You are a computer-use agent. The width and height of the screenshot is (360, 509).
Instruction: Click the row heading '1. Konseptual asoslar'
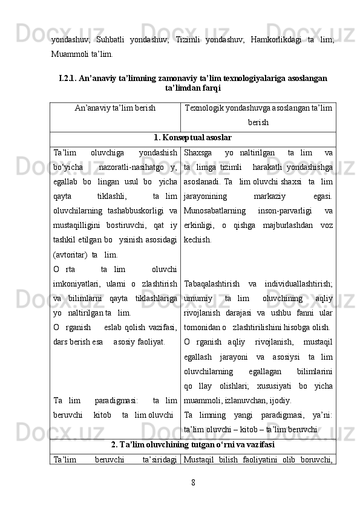pyautogui.click(x=192, y=137)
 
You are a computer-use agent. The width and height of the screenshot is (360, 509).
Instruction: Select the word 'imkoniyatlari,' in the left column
pyautogui.click(x=75, y=283)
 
